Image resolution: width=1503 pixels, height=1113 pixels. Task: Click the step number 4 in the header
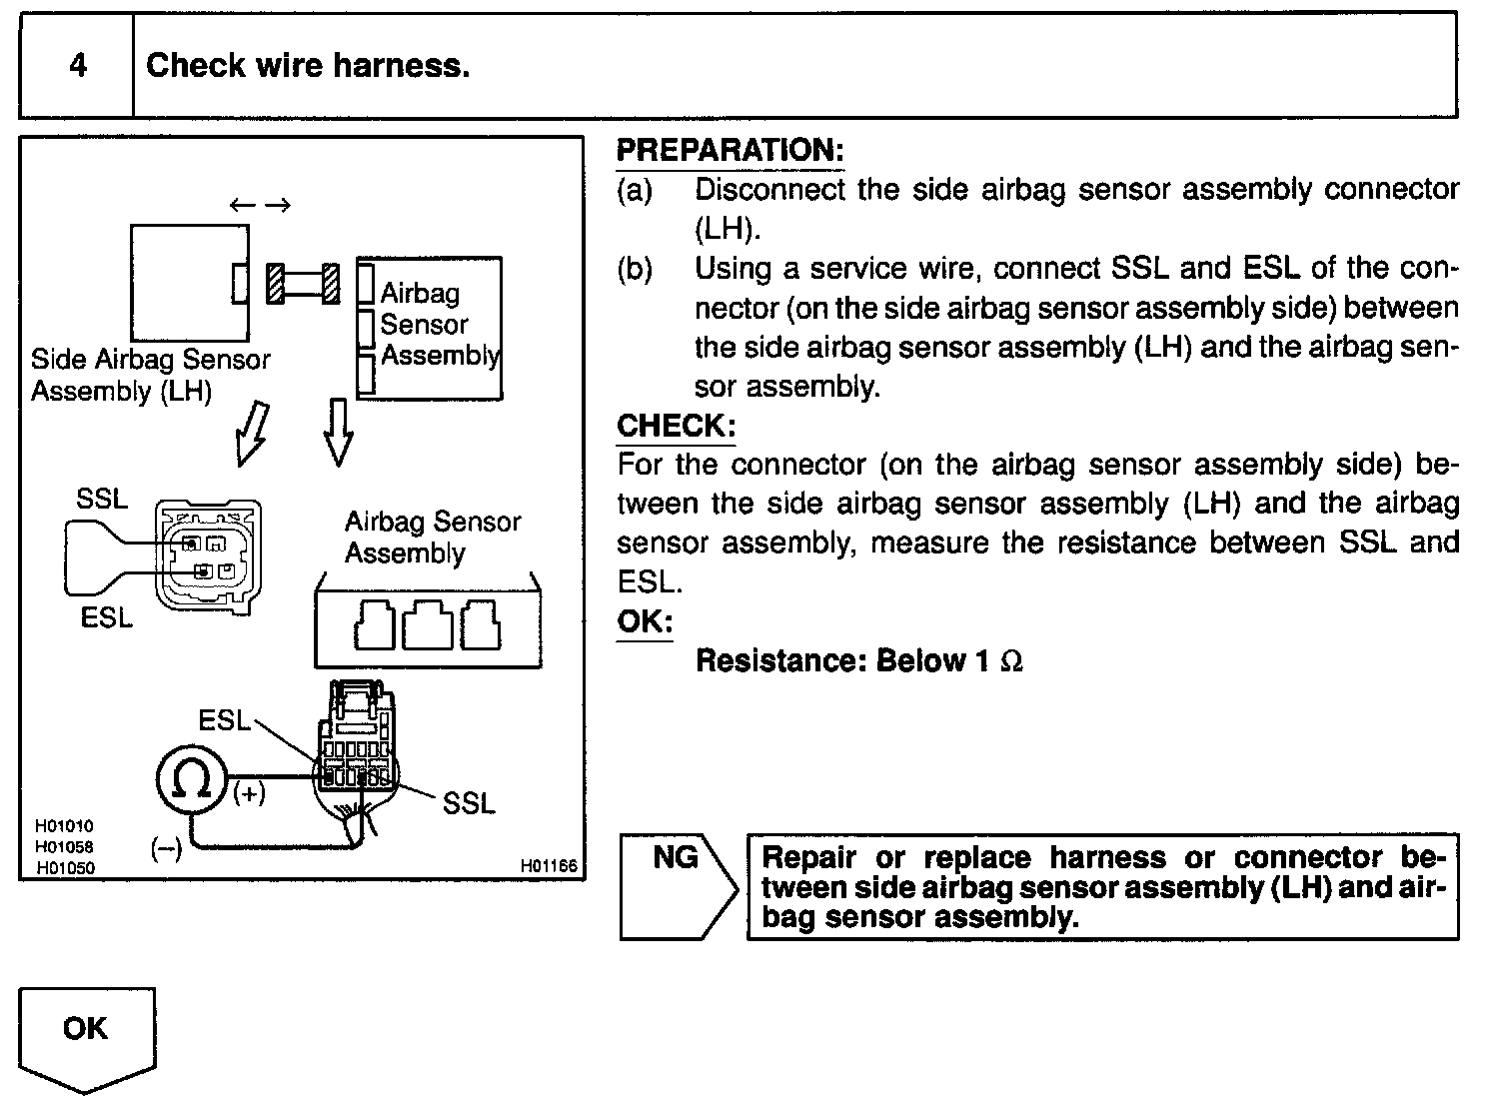(77, 66)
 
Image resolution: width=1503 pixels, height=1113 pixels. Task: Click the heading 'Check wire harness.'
(308, 66)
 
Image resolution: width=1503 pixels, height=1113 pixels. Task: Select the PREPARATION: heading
(730, 151)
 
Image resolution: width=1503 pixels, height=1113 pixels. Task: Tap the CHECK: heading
(676, 426)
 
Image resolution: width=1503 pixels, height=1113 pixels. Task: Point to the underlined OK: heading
(645, 621)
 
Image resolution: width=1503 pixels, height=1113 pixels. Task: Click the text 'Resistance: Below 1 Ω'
(858, 661)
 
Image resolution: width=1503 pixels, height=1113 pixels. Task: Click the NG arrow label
(676, 857)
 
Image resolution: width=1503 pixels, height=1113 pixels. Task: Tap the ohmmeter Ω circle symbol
(190, 778)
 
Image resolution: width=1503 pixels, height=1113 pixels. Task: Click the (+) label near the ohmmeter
(249, 794)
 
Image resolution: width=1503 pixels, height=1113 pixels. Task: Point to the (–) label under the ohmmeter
(166, 848)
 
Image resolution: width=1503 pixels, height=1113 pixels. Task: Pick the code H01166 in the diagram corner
(549, 866)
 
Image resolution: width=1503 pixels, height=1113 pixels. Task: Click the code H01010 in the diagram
(65, 826)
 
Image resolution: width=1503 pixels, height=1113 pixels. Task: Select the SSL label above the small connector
(102, 499)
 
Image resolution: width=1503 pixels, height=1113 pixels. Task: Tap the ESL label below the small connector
(107, 618)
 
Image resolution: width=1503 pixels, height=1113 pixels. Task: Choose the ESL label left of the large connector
(224, 720)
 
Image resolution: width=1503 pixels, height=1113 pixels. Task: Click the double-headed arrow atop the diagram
(260, 205)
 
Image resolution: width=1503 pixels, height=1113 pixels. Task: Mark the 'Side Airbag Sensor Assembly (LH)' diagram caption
(150, 375)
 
